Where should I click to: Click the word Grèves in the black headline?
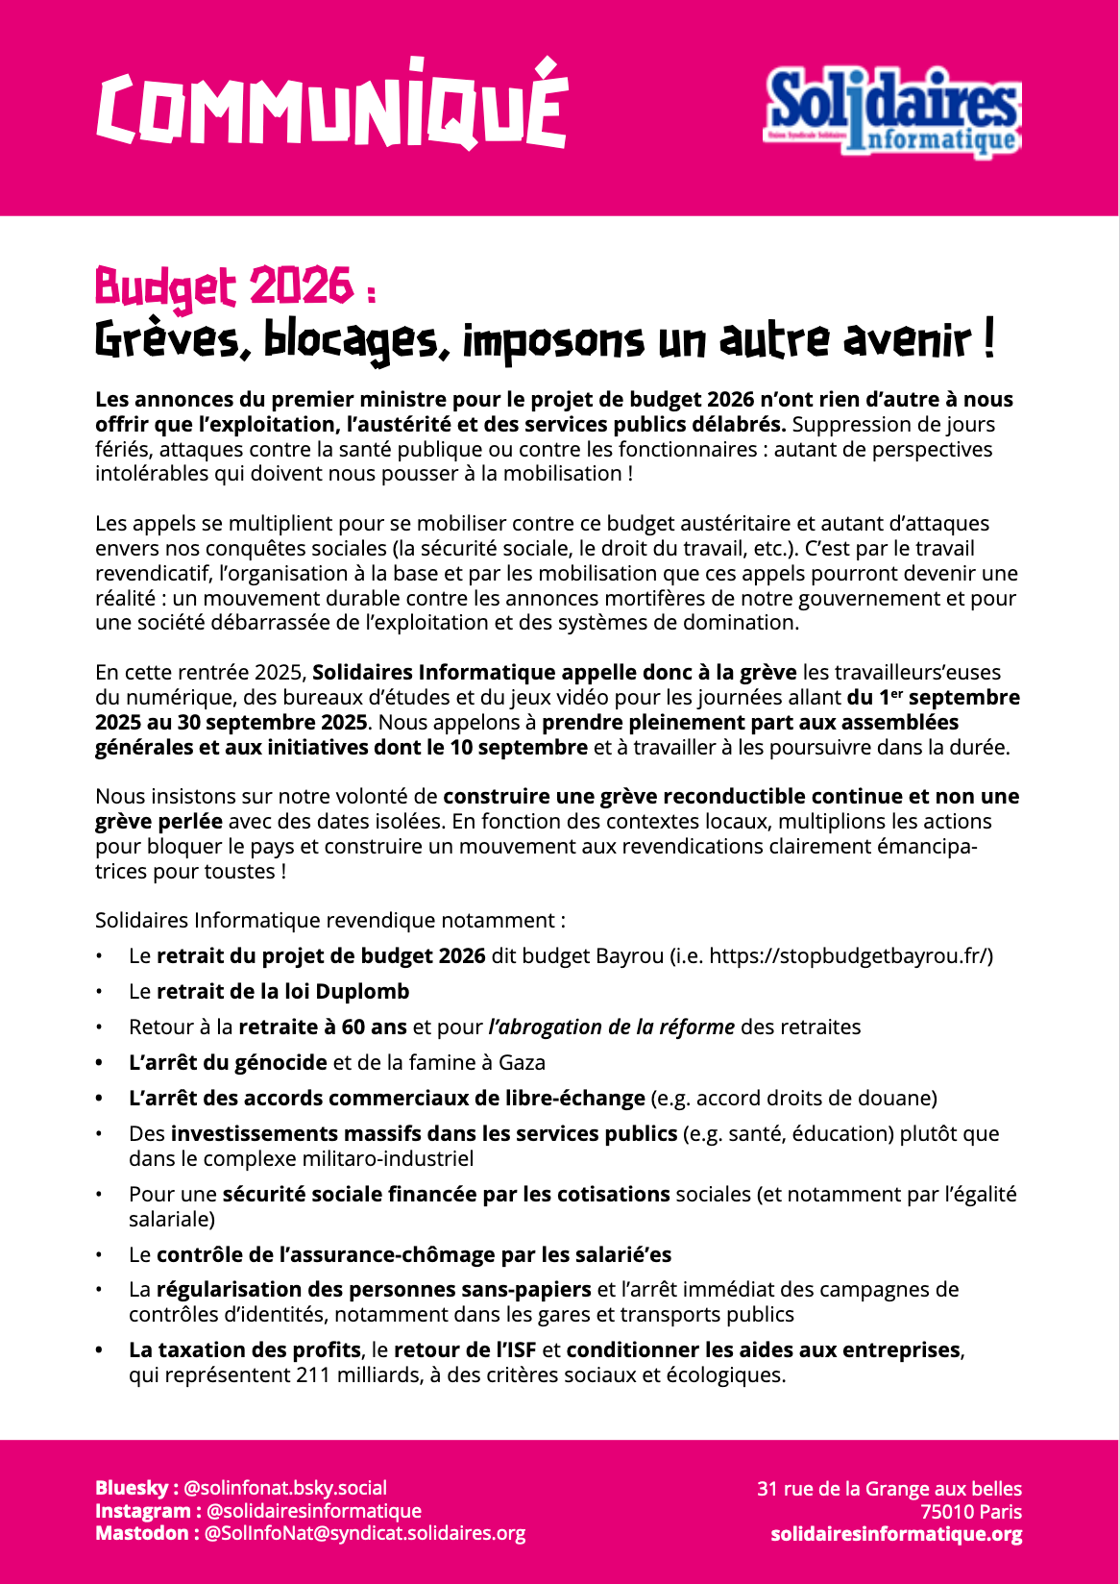coord(166,340)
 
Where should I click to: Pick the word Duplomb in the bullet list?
coord(362,992)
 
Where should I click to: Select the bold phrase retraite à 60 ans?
coord(323,1027)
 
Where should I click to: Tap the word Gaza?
coord(522,1063)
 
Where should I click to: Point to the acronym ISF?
coord(517,1350)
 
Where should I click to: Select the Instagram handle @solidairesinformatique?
coord(314,1511)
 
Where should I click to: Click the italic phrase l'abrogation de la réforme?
coord(612,1027)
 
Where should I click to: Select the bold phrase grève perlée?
coord(158,822)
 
